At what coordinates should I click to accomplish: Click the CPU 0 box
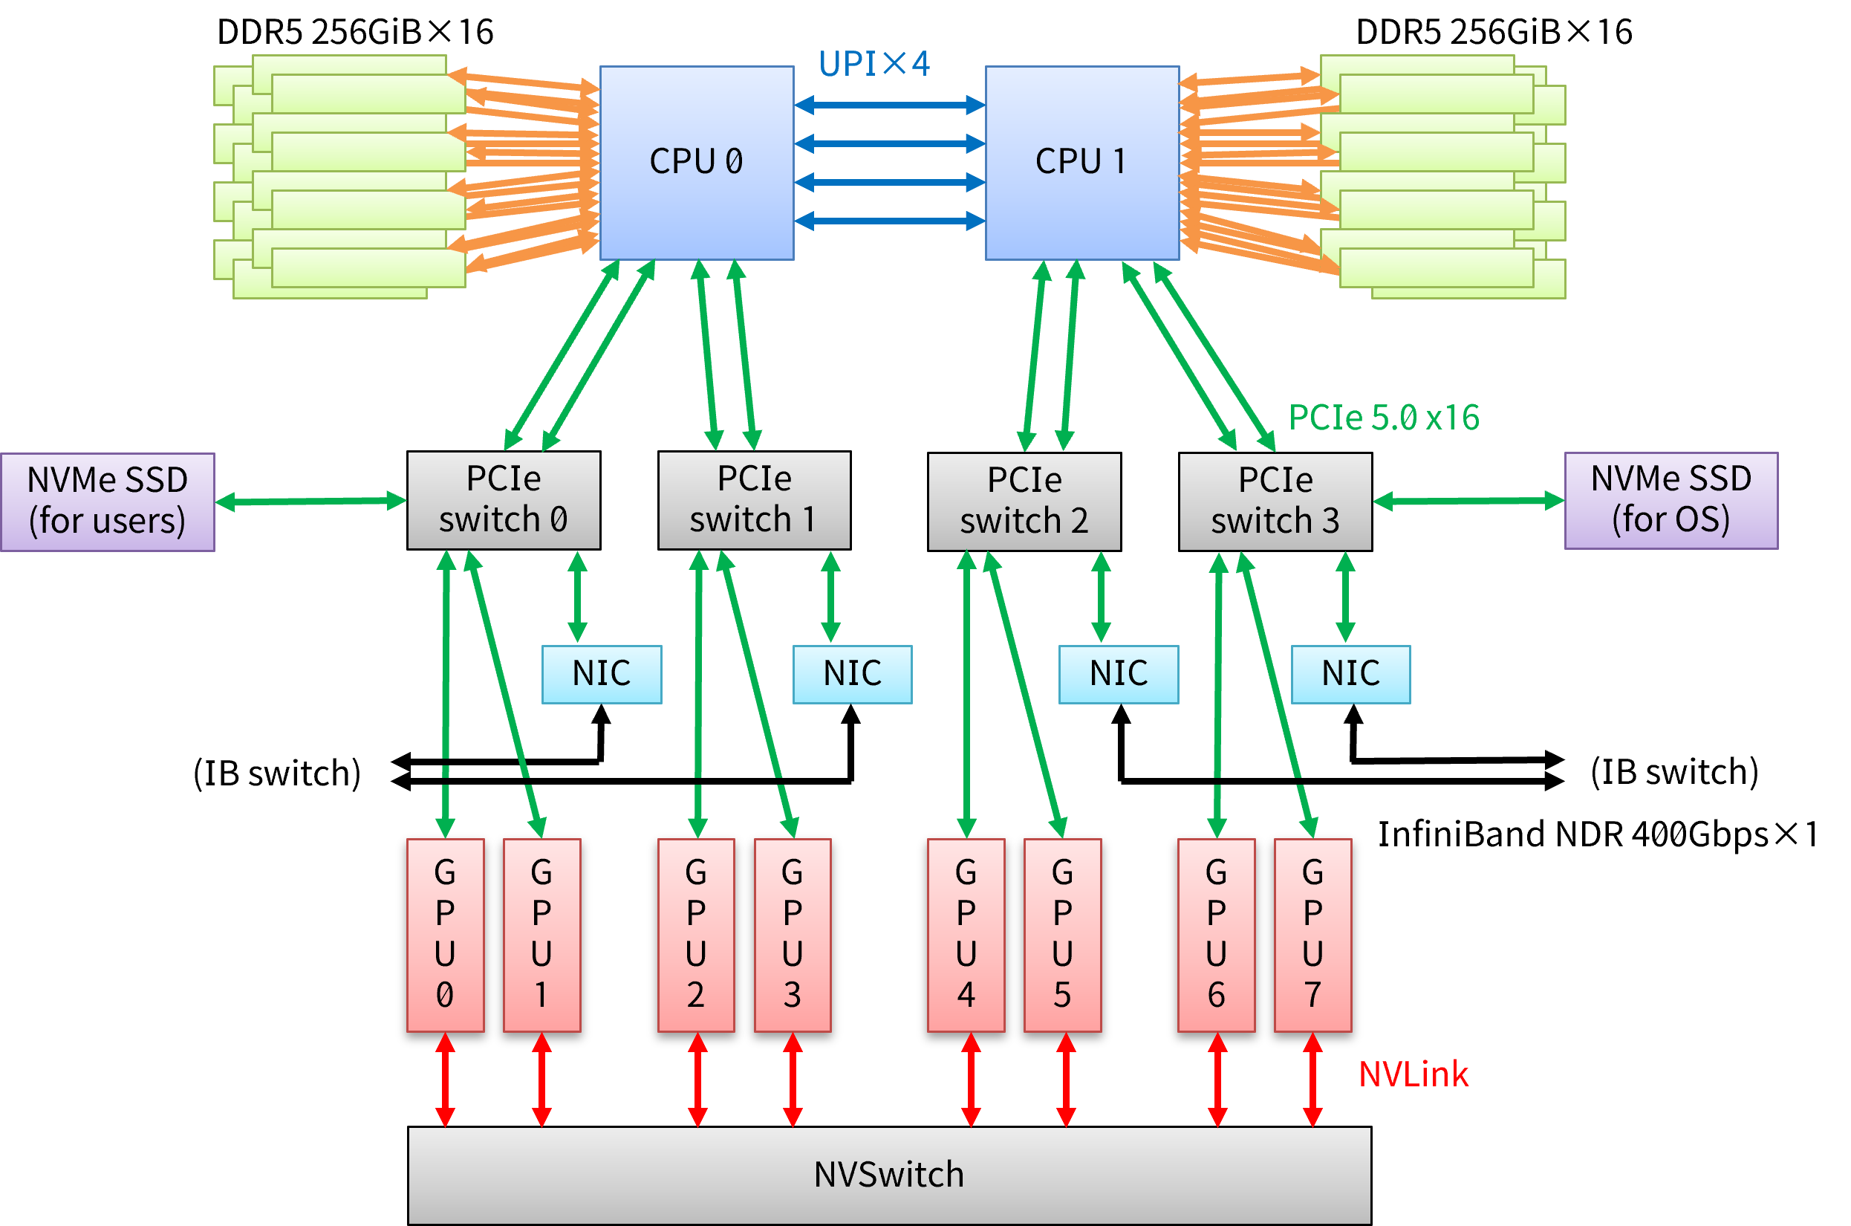click(x=697, y=163)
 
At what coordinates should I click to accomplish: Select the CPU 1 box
click(x=1081, y=163)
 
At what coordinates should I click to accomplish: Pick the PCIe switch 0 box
click(x=504, y=500)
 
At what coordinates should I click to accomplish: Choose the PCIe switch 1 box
click(x=755, y=500)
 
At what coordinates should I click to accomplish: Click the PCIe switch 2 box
click(x=1024, y=502)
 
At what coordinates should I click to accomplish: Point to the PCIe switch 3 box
click(x=1275, y=502)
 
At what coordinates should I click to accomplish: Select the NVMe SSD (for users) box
click(x=108, y=502)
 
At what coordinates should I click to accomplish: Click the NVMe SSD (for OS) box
click(x=1671, y=500)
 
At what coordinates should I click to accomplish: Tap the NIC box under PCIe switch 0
click(x=602, y=674)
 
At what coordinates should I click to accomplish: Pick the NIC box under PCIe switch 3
click(x=1350, y=674)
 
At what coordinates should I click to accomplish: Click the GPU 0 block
click(x=446, y=935)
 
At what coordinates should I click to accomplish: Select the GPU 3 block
click(x=793, y=935)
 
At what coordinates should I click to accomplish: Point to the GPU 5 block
click(x=1062, y=935)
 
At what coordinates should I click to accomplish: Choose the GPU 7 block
click(x=1313, y=935)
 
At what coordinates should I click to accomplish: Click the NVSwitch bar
click(x=890, y=1175)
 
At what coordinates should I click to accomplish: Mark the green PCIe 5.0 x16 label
click(x=1384, y=418)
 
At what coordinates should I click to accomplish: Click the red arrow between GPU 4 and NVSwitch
click(x=971, y=1080)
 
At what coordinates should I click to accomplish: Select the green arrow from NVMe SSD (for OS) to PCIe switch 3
click(x=1468, y=500)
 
